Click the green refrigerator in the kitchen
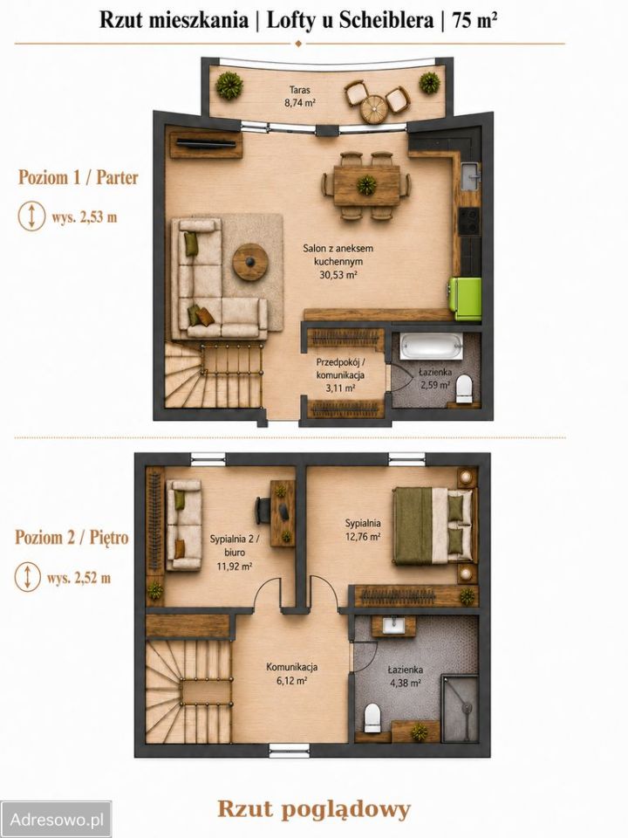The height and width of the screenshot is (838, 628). tap(465, 299)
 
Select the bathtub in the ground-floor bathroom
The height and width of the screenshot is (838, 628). tap(431, 347)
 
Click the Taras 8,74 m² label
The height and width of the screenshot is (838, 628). tap(299, 96)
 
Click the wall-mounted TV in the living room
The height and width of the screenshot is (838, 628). tap(206, 142)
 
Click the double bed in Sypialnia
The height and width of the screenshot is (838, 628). tap(433, 525)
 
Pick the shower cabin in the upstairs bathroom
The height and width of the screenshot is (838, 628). tap(460, 708)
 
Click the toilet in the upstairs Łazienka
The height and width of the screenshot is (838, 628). tap(371, 718)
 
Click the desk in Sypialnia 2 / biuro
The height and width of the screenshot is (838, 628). tap(283, 513)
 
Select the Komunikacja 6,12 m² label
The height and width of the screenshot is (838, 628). tap(292, 673)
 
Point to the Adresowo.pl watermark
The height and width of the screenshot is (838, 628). tap(56, 819)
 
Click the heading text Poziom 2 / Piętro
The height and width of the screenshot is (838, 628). tap(72, 537)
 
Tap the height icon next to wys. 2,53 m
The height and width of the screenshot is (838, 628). tap(31, 216)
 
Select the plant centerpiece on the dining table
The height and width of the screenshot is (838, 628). tap(366, 185)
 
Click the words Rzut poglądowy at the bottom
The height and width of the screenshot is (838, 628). tap(314, 810)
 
